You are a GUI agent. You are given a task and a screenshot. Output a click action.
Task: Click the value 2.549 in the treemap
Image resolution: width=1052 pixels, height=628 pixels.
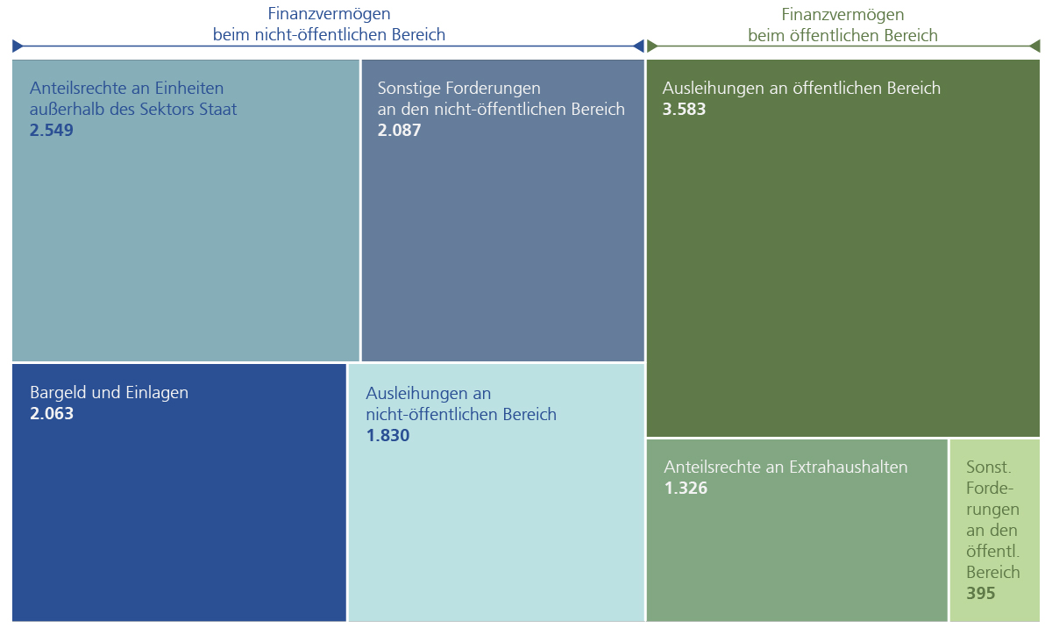click(x=51, y=131)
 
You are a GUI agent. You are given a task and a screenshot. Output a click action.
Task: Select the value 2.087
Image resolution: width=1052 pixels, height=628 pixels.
click(x=399, y=131)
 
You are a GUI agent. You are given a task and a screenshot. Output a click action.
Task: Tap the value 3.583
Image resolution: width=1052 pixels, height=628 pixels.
click(x=684, y=110)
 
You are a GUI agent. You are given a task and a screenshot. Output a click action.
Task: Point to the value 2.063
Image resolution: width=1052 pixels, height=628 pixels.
click(x=52, y=414)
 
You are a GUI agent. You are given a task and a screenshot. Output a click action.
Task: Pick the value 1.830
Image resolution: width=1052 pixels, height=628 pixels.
click(x=387, y=436)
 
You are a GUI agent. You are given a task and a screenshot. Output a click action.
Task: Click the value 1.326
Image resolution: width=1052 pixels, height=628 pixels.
click(x=686, y=489)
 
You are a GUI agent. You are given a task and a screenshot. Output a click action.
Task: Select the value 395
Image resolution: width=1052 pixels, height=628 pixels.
click(x=980, y=594)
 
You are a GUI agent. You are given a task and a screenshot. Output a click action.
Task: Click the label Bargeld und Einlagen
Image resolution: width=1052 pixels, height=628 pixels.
click(x=109, y=393)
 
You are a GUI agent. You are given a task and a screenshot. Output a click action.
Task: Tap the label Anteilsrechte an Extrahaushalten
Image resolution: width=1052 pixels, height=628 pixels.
click(x=785, y=467)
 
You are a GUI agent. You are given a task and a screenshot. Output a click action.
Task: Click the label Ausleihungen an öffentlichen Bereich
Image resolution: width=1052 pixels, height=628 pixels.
click(x=801, y=89)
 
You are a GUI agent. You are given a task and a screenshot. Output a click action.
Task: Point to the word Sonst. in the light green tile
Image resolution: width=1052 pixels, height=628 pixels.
click(x=987, y=467)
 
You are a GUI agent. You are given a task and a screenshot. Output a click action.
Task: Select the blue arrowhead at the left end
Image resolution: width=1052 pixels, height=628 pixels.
click(x=18, y=46)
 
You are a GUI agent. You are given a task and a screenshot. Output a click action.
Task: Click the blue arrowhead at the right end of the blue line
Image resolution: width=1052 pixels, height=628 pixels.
click(x=639, y=46)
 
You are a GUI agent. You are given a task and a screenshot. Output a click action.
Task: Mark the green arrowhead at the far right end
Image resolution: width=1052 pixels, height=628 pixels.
click(x=1035, y=46)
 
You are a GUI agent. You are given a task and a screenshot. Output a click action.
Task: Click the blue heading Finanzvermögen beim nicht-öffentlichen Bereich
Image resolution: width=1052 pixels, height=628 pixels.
click(x=329, y=25)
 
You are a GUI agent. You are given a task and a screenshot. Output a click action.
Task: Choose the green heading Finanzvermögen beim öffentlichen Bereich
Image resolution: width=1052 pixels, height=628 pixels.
click(x=842, y=25)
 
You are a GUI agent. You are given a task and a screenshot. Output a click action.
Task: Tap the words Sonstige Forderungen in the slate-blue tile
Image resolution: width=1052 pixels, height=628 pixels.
click(x=458, y=89)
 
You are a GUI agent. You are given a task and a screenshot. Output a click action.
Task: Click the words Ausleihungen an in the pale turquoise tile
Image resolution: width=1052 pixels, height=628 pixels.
click(x=428, y=393)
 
